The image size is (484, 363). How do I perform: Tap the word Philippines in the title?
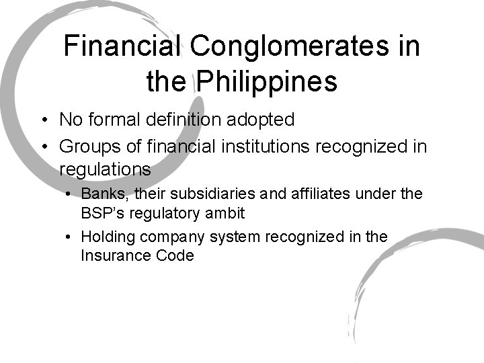click(267, 81)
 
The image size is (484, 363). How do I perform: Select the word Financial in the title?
click(122, 46)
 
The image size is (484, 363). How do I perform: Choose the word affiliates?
click(322, 194)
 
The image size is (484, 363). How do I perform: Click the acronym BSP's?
click(101, 213)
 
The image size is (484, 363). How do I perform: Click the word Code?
click(177, 255)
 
